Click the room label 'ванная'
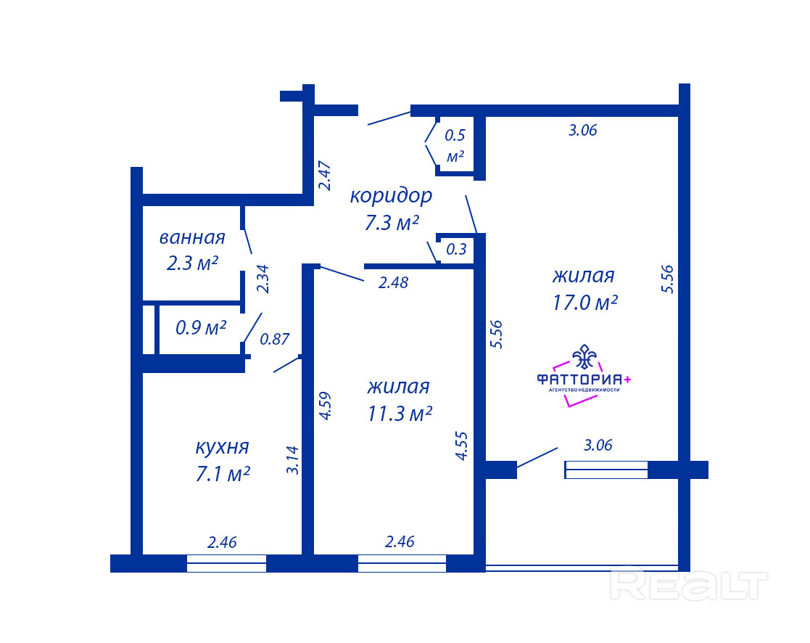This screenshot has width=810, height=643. coord(192,238)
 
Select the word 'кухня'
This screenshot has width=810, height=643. coord(222,447)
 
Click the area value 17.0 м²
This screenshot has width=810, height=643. coord(584,303)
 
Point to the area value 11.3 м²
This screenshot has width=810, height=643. coord(400,414)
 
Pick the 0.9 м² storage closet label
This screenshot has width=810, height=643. coord(201,328)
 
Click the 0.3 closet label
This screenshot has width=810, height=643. coord(456,250)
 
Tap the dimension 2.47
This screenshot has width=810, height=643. coord(324,176)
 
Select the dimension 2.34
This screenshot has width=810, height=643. coord(263,279)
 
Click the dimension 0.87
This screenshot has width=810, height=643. coord(274,339)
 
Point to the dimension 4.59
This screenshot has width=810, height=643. coord(324,406)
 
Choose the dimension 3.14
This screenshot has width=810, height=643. coord(292,460)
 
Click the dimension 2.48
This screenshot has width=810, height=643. coord(393,283)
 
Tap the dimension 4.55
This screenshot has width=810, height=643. coord(461,446)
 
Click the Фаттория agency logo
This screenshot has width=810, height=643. coord(584,376)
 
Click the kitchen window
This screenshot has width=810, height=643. coord(226,563)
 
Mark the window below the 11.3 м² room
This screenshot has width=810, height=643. coord(402,563)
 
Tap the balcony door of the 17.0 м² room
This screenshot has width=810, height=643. coord(537,458)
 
